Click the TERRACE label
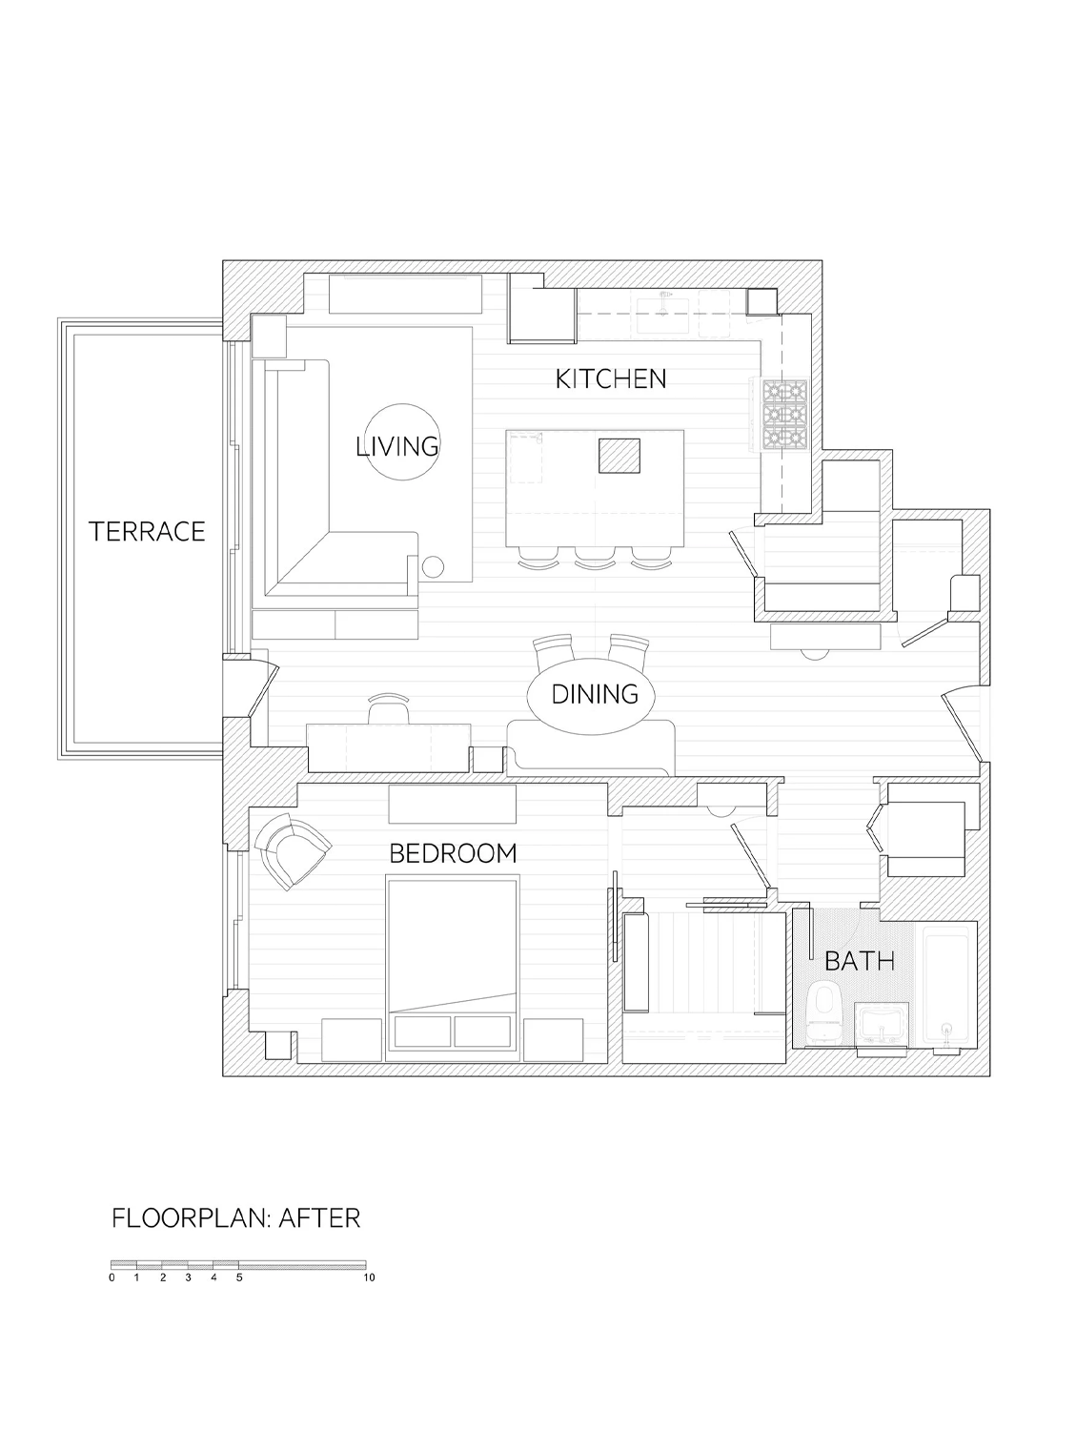coord(147,532)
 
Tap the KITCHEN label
coord(611,379)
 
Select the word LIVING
coord(397,446)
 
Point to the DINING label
coord(595,694)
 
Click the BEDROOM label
coord(454,853)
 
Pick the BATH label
coord(860,961)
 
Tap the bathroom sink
coord(882,1024)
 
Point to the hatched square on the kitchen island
coord(619,456)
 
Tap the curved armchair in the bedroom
coord(293,848)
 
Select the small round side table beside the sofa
coord(433,567)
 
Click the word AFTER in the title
coord(320,1218)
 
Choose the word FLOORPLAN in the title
coord(190,1218)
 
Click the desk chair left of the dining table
coord(389,709)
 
